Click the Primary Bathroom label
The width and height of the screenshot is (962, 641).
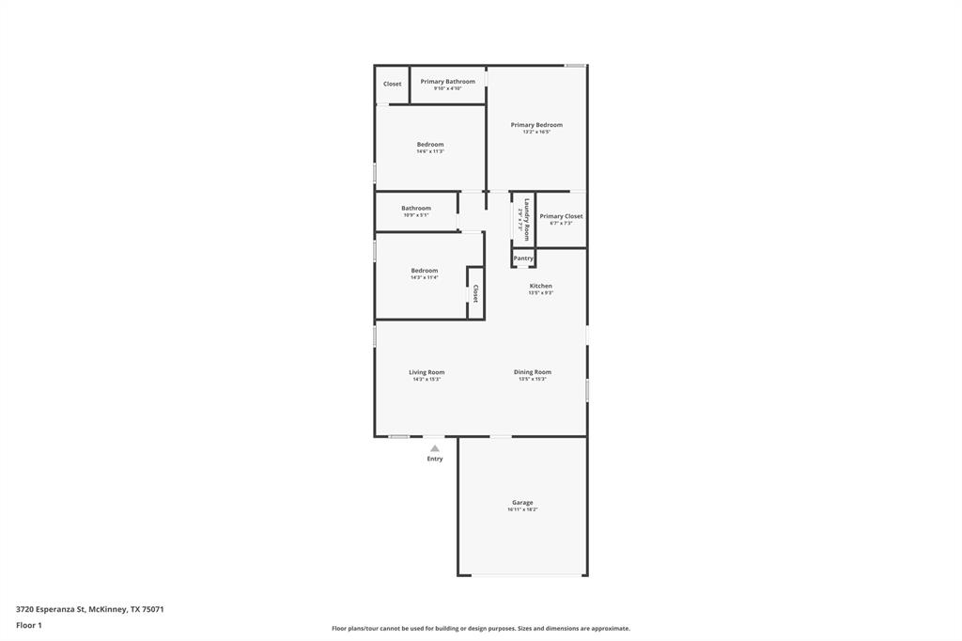(x=447, y=82)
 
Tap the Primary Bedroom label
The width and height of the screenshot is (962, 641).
(x=536, y=125)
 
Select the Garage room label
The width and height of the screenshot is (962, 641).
(x=522, y=503)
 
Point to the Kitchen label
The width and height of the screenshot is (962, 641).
(x=540, y=286)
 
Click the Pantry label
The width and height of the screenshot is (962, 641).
(x=523, y=258)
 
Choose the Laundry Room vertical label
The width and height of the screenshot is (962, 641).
(x=527, y=220)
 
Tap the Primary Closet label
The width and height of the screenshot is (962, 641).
(x=561, y=216)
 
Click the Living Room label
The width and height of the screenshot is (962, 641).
(x=427, y=372)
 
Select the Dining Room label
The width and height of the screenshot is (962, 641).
(x=532, y=372)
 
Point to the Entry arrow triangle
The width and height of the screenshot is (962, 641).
(x=435, y=448)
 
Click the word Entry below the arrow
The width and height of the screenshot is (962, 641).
(x=435, y=459)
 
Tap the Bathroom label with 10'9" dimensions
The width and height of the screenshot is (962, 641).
(x=416, y=209)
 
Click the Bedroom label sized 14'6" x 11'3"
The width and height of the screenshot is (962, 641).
(x=430, y=145)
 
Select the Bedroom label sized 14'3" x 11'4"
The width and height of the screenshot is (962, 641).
(x=425, y=271)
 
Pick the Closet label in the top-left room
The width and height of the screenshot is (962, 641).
(x=392, y=85)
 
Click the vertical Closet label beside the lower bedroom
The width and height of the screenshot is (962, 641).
(x=475, y=293)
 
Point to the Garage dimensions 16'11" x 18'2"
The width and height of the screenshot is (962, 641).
(x=522, y=509)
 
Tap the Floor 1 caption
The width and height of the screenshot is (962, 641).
(x=29, y=625)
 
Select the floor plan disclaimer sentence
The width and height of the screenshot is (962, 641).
(x=480, y=629)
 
